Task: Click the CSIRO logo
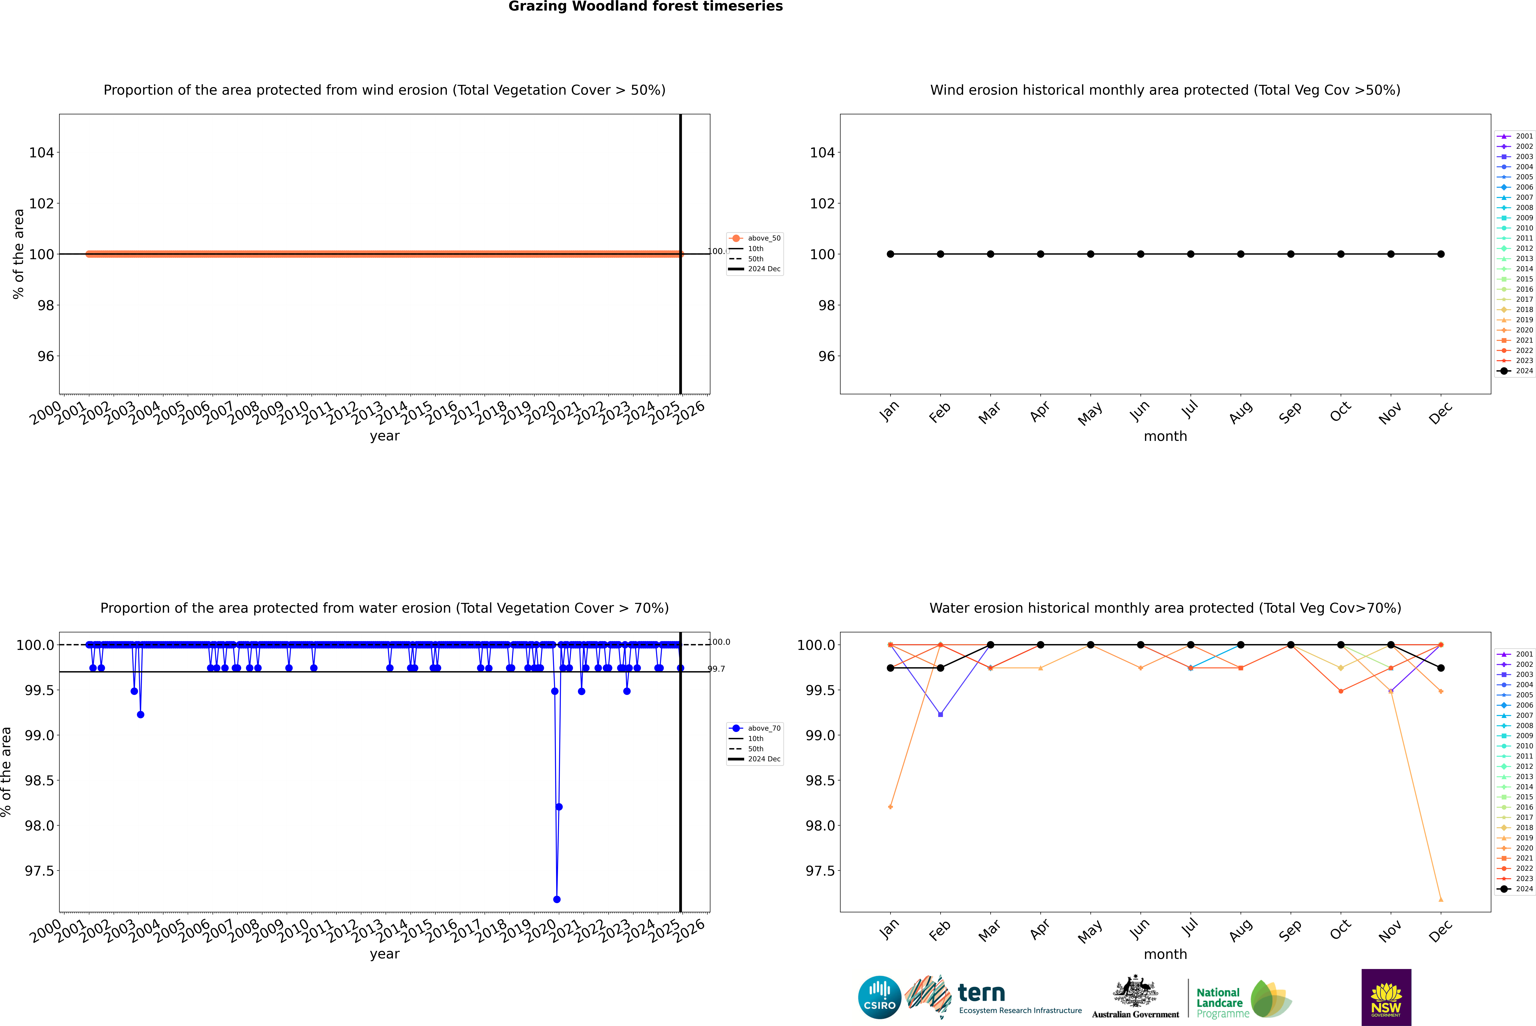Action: coord(879,997)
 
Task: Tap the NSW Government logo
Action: coord(1386,997)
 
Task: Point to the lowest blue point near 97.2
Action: coord(557,899)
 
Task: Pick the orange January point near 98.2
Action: coord(890,807)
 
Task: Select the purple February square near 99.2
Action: coord(940,715)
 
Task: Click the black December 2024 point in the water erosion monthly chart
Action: coord(1440,668)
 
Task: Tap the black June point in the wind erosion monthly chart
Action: coord(1141,254)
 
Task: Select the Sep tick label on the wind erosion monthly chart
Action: coord(1290,412)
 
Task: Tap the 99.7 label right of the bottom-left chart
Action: coord(716,669)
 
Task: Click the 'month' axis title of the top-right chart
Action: coord(1165,437)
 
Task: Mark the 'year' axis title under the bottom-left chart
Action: coord(384,954)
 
